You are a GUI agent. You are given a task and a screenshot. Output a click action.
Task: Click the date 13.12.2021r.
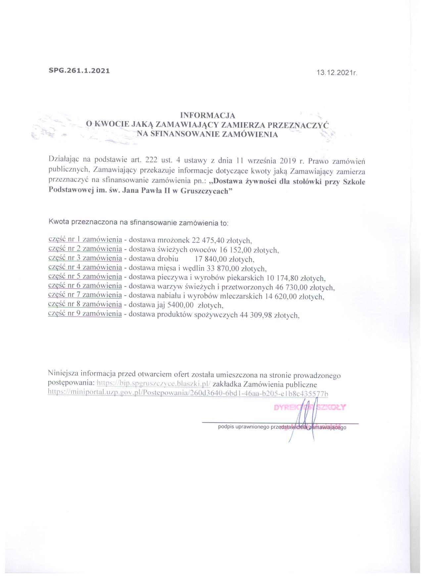coord(337,73)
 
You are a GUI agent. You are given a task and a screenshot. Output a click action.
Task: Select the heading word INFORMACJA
coord(207,115)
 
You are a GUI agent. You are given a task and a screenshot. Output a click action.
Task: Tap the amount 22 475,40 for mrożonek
coord(205,241)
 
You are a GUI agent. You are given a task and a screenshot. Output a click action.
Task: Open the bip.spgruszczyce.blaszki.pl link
coord(154,384)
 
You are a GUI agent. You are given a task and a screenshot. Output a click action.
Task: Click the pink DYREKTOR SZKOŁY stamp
coord(310,407)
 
